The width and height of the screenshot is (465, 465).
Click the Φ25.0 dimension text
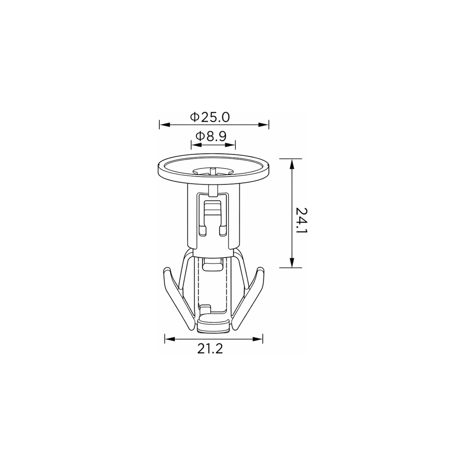pyautogui.click(x=210, y=117)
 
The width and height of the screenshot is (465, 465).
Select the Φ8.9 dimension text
pyautogui.click(x=211, y=136)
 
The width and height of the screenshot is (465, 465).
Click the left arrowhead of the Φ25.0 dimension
pyautogui.click(x=165, y=125)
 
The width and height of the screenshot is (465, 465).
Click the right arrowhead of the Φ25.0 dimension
pyautogui.click(x=263, y=125)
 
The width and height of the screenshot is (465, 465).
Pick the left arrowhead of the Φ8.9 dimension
pyautogui.click(x=196, y=145)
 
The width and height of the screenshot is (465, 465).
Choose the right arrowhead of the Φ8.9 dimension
pyautogui.click(x=230, y=145)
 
